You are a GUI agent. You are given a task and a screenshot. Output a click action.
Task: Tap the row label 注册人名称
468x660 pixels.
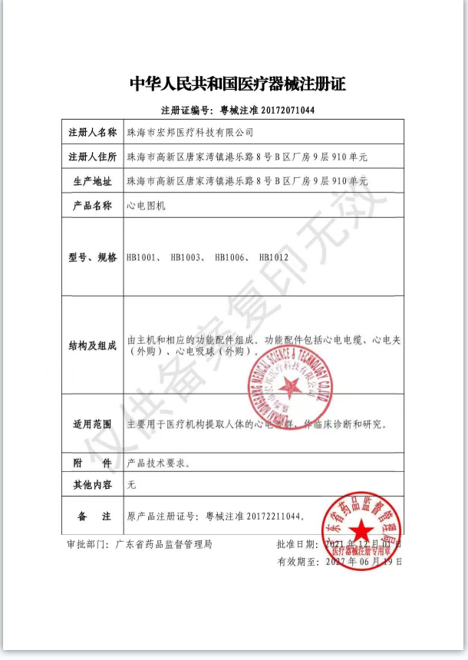[x=92, y=133]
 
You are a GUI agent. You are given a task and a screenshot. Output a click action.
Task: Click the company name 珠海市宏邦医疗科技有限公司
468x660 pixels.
[x=190, y=133]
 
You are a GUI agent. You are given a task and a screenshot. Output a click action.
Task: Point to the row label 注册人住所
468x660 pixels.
[x=92, y=157]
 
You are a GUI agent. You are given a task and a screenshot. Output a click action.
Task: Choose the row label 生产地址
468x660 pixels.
[x=92, y=182]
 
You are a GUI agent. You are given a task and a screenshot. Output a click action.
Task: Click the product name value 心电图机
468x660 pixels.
[x=146, y=206]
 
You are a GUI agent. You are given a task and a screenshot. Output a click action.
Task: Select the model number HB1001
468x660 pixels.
[x=143, y=257]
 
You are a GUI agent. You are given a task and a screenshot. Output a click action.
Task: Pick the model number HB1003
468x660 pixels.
[x=186, y=257]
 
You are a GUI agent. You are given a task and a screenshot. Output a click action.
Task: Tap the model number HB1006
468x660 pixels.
[x=231, y=257]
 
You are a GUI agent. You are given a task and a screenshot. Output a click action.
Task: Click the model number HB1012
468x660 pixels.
[x=274, y=257]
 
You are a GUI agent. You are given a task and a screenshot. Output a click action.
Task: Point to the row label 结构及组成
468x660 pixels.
[x=92, y=345]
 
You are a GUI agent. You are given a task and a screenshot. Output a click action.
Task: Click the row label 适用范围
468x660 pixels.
[x=92, y=424]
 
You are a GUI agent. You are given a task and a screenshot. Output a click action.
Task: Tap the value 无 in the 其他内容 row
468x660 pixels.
[x=131, y=486]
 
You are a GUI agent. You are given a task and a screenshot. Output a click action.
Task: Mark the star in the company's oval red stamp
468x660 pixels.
[x=291, y=385]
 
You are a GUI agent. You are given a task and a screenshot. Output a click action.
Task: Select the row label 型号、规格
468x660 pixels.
[x=92, y=257]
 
